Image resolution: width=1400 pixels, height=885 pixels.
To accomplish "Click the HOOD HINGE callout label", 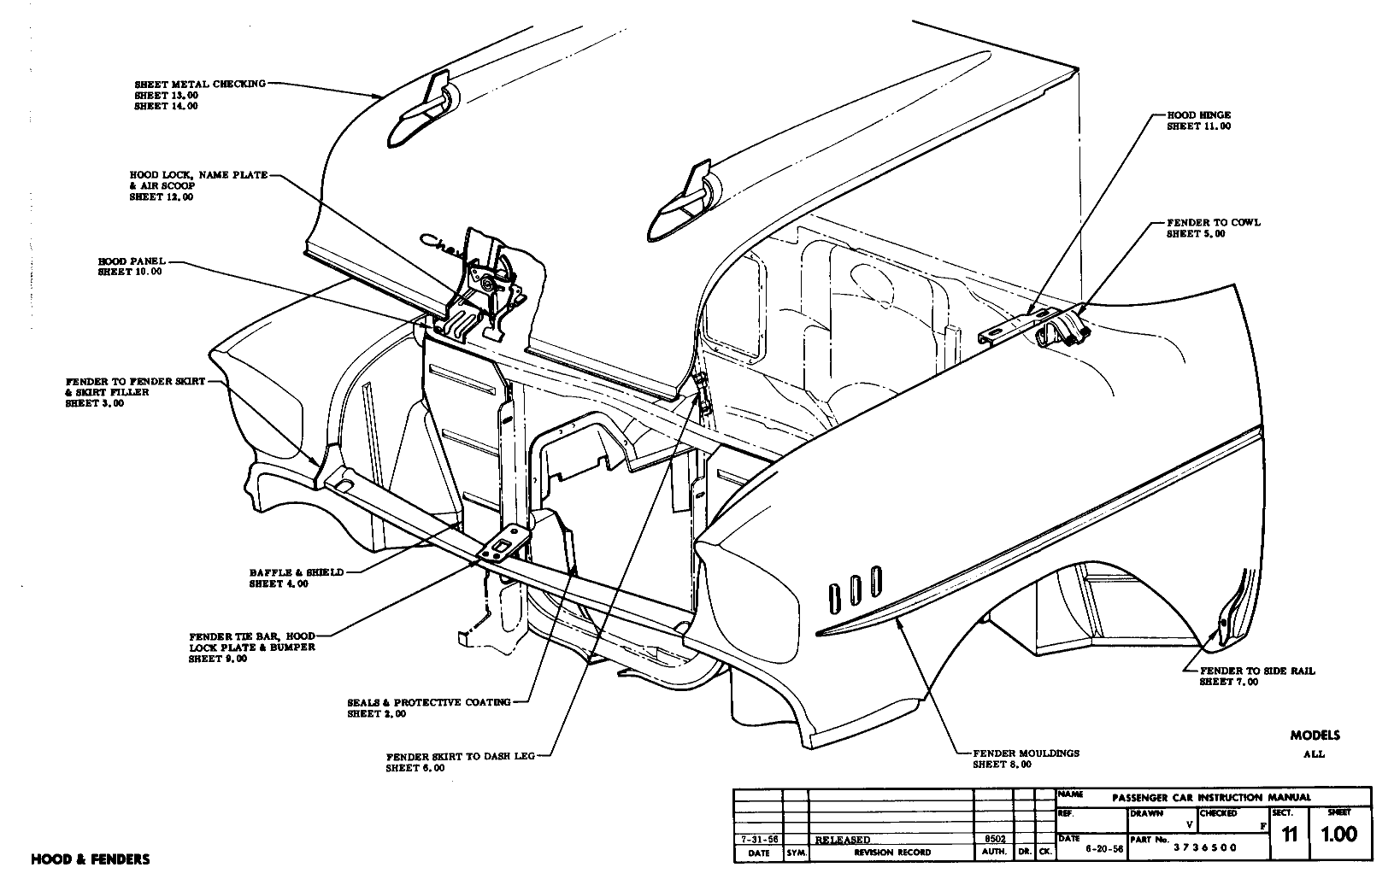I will tap(1198, 114).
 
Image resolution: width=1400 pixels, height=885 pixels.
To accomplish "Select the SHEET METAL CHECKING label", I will tap(200, 85).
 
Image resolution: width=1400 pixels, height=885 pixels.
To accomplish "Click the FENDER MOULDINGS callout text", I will tap(1026, 753).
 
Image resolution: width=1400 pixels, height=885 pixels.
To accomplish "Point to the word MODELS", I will tap(1315, 736).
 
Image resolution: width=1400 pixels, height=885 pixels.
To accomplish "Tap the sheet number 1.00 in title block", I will tap(1338, 835).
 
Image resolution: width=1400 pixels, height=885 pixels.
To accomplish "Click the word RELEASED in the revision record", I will tap(843, 840).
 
